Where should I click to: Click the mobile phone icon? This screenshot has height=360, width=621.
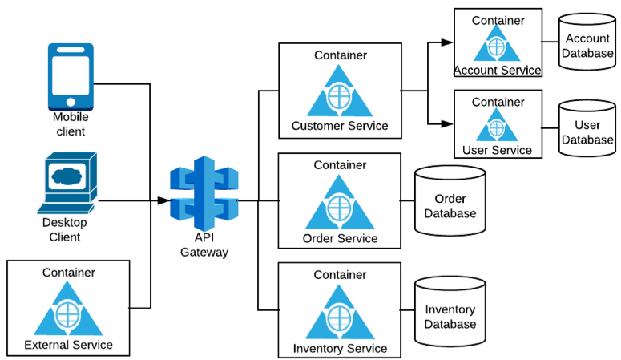[x=71, y=75]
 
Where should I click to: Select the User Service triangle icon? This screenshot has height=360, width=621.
[x=497, y=125]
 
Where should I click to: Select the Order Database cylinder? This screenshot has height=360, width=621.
[x=450, y=200]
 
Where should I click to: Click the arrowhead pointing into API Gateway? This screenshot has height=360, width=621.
[x=163, y=200]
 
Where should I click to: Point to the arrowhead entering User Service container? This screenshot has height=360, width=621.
[x=447, y=123]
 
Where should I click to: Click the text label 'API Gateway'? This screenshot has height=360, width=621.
[x=204, y=245]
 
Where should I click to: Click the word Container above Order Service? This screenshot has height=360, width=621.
[x=339, y=165]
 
